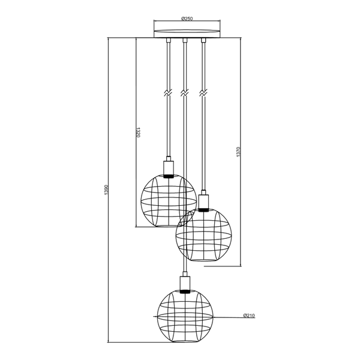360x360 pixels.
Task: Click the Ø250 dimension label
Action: click(x=187, y=19)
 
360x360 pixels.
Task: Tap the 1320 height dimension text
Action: click(x=138, y=133)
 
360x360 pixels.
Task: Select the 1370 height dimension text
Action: click(x=238, y=152)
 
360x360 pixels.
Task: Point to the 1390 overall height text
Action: click(x=106, y=190)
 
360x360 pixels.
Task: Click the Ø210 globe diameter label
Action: click(x=249, y=316)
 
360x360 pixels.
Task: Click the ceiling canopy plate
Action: click(x=187, y=33)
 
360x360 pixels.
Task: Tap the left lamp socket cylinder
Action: click(x=169, y=168)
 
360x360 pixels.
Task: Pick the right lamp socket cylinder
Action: click(x=203, y=202)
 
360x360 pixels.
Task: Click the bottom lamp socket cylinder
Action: click(x=185, y=283)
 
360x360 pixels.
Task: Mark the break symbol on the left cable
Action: click(x=168, y=93)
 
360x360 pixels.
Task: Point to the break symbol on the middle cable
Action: click(x=185, y=93)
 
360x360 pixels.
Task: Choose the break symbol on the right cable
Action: click(x=203, y=93)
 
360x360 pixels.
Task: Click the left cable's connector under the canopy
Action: click(x=169, y=40)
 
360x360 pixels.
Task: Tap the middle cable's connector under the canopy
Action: click(x=185, y=40)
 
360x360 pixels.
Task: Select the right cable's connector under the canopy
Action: click(x=203, y=40)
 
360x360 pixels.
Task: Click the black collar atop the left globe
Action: click(x=169, y=176)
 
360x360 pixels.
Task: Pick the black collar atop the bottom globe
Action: click(x=185, y=292)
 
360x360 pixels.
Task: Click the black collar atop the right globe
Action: click(x=203, y=209)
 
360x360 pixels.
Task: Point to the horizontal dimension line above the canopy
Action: click(x=187, y=21)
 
